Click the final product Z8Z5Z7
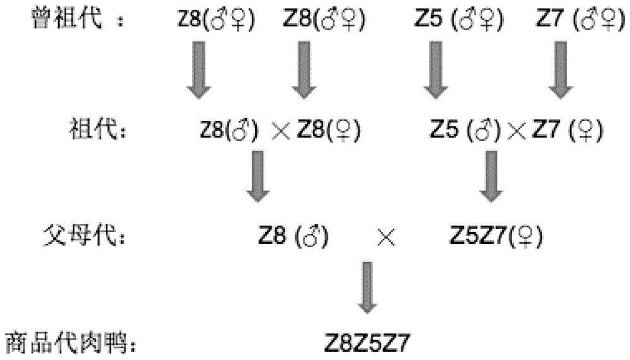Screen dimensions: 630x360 click(x=367, y=344)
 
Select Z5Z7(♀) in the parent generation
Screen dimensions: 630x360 click(x=496, y=235)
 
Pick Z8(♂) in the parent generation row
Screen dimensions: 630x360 click(x=294, y=235)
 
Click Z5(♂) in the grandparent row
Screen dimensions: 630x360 click(x=466, y=130)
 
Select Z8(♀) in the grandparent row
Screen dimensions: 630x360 click(x=328, y=130)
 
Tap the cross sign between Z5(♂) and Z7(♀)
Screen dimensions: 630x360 click(x=517, y=132)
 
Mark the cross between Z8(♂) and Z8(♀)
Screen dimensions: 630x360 click(x=281, y=132)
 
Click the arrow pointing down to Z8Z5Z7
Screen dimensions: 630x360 click(x=367, y=287)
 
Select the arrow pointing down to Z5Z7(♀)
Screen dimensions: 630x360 click(x=491, y=176)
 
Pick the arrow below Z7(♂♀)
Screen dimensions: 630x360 click(x=561, y=69)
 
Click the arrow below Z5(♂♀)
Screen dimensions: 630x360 click(x=436, y=69)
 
